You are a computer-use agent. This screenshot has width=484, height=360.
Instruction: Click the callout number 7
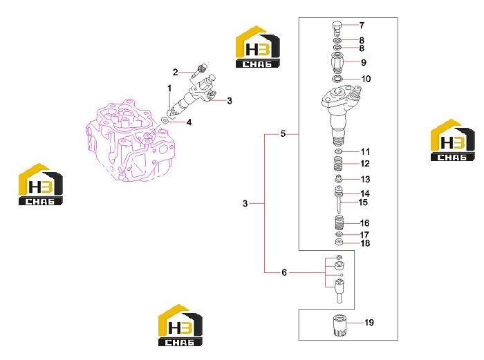pos(362,26)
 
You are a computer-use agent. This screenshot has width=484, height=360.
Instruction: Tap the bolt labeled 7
pos(337,28)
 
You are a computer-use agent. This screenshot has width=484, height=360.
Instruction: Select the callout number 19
pos(369,323)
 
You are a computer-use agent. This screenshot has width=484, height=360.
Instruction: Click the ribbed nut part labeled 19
pos(339,325)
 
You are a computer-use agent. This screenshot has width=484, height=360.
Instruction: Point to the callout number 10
pos(366,79)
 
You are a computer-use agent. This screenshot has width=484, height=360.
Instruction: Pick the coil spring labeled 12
pos(338,163)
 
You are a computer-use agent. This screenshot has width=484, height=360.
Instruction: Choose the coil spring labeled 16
pos(339,222)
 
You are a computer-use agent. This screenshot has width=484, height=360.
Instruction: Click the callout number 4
pos(189,122)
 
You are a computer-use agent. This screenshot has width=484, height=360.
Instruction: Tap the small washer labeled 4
pos(165,120)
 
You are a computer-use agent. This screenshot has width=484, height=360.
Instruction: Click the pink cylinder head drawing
pos(131,140)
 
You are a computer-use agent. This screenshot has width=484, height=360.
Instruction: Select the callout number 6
pos(284,272)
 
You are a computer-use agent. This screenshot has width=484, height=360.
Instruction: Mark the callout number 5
pos(283,134)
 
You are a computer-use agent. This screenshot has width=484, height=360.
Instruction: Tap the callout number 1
pos(169,88)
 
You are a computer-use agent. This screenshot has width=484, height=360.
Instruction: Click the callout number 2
pos(176,73)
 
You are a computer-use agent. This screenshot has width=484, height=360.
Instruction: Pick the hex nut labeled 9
pos(337,63)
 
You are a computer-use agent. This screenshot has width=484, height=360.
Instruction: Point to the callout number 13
pos(365,179)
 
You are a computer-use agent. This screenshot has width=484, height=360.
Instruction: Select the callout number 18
pos(365,243)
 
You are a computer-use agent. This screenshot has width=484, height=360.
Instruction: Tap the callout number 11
pos(365,151)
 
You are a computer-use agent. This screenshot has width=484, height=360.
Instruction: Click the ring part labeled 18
pos(339,242)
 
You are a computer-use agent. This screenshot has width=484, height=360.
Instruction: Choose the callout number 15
pos(363,202)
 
